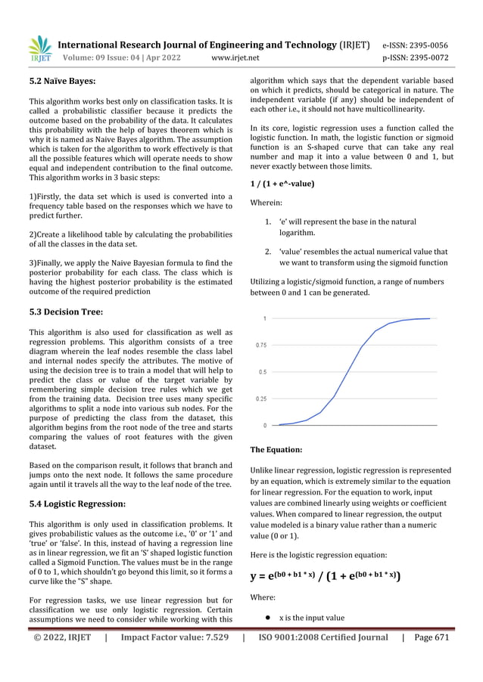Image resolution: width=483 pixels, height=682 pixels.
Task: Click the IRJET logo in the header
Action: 39,49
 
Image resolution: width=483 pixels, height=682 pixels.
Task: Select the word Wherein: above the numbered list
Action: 266,203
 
